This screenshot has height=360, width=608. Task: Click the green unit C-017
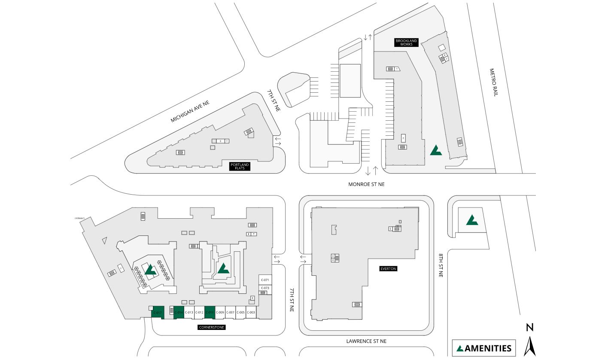[x=158, y=313]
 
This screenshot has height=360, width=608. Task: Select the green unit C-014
[x=179, y=312]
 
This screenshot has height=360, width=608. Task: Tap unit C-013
[x=189, y=312]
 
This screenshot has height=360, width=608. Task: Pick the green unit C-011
[x=210, y=312]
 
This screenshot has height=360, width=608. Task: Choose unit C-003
[x=251, y=312]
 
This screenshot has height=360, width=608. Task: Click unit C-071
[x=265, y=280]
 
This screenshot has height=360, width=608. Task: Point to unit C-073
[x=265, y=288]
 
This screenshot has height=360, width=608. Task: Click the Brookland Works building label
[x=406, y=43]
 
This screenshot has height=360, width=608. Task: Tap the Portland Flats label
[x=240, y=166]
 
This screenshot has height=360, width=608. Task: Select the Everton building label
[x=388, y=269]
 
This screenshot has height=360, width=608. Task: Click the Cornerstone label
[x=212, y=327]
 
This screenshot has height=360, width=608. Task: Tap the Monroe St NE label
[x=366, y=184]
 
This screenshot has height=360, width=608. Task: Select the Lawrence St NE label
[x=366, y=341]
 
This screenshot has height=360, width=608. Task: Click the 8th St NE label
[x=441, y=265]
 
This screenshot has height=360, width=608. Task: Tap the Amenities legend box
[x=484, y=348]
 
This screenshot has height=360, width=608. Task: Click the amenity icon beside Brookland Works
[x=436, y=150]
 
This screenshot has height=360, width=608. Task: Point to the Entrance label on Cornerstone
[x=80, y=219]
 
